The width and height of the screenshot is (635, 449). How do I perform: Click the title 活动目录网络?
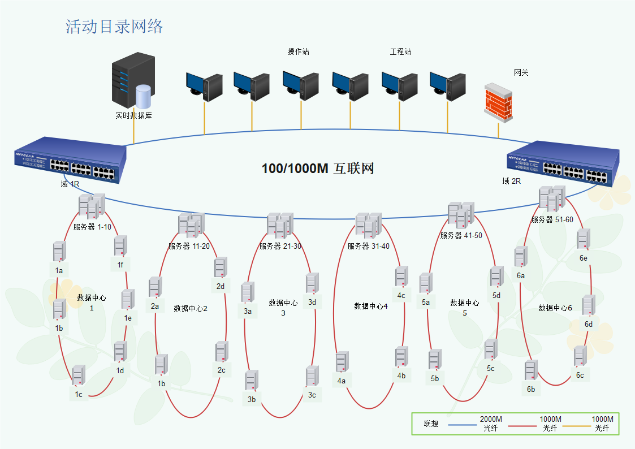[114, 27]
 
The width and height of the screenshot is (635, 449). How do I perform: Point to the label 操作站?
[299, 52]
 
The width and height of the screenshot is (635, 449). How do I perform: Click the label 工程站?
[400, 52]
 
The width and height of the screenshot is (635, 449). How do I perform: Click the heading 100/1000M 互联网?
[318, 169]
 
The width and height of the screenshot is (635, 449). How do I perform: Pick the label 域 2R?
[511, 182]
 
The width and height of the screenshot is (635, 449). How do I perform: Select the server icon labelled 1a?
[59, 251]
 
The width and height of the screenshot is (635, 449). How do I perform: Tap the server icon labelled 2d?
[221, 267]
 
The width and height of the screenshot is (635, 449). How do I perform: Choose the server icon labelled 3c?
[312, 376]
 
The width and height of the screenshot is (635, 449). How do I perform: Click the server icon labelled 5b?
[434, 360]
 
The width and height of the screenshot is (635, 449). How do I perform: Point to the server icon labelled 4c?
[401, 276]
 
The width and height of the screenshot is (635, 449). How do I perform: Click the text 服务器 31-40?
[368, 247]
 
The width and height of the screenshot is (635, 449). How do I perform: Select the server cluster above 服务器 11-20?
[191, 225]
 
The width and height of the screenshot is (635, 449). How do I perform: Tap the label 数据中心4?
[371, 306]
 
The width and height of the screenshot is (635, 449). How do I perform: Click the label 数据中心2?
[191, 308]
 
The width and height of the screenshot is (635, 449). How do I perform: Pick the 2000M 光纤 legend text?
[491, 424]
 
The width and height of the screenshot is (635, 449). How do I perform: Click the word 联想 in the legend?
[431, 424]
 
